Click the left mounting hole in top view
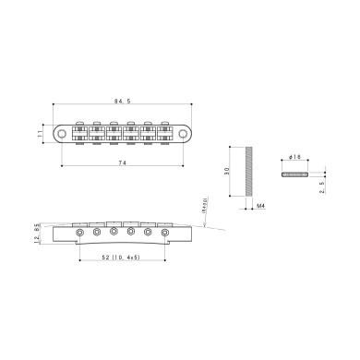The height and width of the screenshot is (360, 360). point(63,134)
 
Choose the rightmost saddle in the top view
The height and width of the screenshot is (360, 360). point(165,133)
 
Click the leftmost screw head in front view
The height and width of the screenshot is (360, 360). point(82,234)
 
